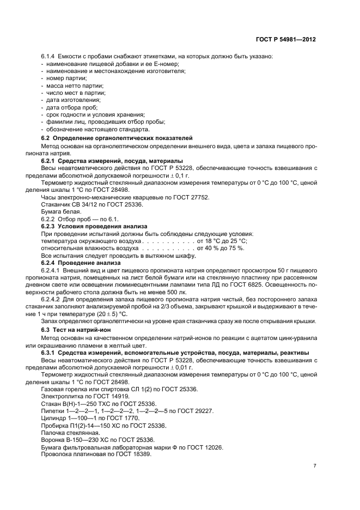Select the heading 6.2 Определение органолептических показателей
(117, 139)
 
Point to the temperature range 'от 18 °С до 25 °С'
(222, 240)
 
